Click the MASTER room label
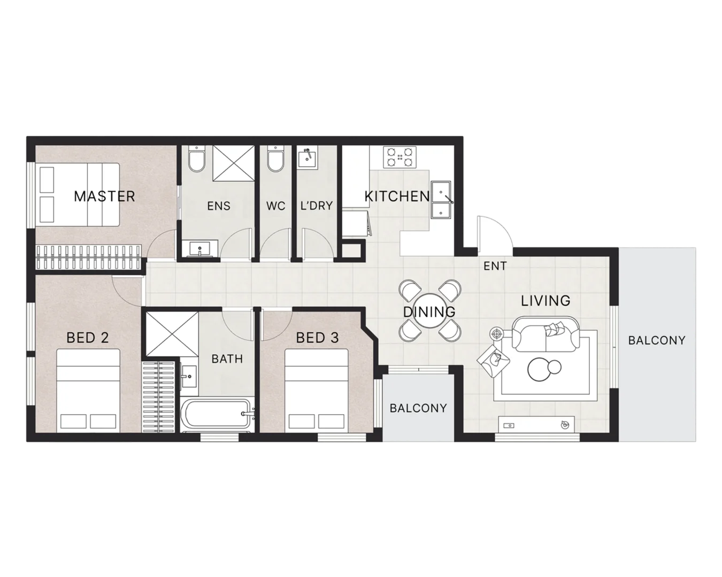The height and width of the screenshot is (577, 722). tap(104, 196)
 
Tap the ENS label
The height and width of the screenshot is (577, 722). tap(218, 205)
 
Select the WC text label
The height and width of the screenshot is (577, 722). tap(276, 205)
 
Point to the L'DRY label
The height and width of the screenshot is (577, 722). tap(317, 205)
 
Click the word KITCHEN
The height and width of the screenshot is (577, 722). tap(397, 196)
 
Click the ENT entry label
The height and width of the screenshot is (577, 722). tap(495, 266)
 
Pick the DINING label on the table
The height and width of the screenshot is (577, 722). tap(429, 311)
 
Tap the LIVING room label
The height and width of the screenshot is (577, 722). tap(546, 301)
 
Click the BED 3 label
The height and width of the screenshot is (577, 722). tap(318, 338)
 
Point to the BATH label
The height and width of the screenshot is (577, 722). tap(227, 358)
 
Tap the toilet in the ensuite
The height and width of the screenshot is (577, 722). tap(196, 160)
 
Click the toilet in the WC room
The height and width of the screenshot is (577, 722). tap(275, 160)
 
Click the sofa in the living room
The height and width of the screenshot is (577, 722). tap(544, 334)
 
